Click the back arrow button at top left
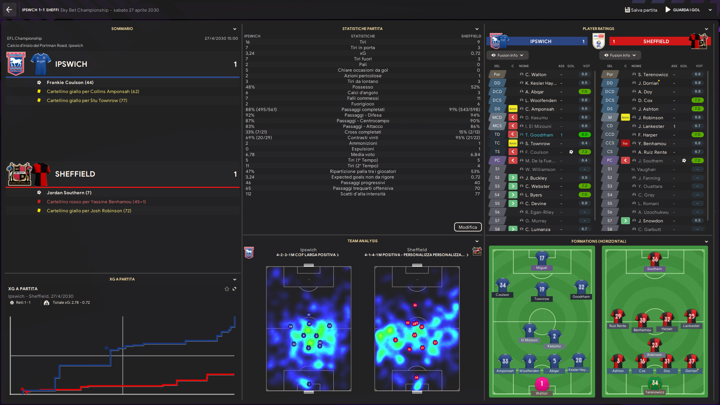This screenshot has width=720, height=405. (9, 10)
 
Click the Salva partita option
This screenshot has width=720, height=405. (641, 10)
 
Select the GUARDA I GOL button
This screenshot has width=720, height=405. (683, 10)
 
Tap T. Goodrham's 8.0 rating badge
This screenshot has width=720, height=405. (584, 135)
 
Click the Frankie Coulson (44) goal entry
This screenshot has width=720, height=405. (70, 82)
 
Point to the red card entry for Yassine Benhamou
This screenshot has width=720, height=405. (96, 202)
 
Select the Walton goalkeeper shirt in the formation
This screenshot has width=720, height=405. (541, 384)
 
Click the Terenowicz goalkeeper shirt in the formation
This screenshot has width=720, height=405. (655, 383)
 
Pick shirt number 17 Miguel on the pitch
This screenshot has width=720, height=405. (541, 259)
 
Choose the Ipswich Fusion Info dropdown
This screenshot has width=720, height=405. (507, 55)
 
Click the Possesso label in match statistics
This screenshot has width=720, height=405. (363, 87)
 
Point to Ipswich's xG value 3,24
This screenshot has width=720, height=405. (250, 53)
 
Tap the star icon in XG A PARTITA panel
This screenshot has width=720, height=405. (226, 289)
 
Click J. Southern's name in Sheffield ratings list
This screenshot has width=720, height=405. (652, 161)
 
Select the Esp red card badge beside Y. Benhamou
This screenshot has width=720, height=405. (625, 144)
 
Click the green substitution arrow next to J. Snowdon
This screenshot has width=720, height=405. (625, 221)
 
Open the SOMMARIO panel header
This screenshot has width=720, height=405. (122, 29)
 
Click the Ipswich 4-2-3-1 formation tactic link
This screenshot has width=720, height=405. (307, 255)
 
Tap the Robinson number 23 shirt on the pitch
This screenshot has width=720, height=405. (654, 345)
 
